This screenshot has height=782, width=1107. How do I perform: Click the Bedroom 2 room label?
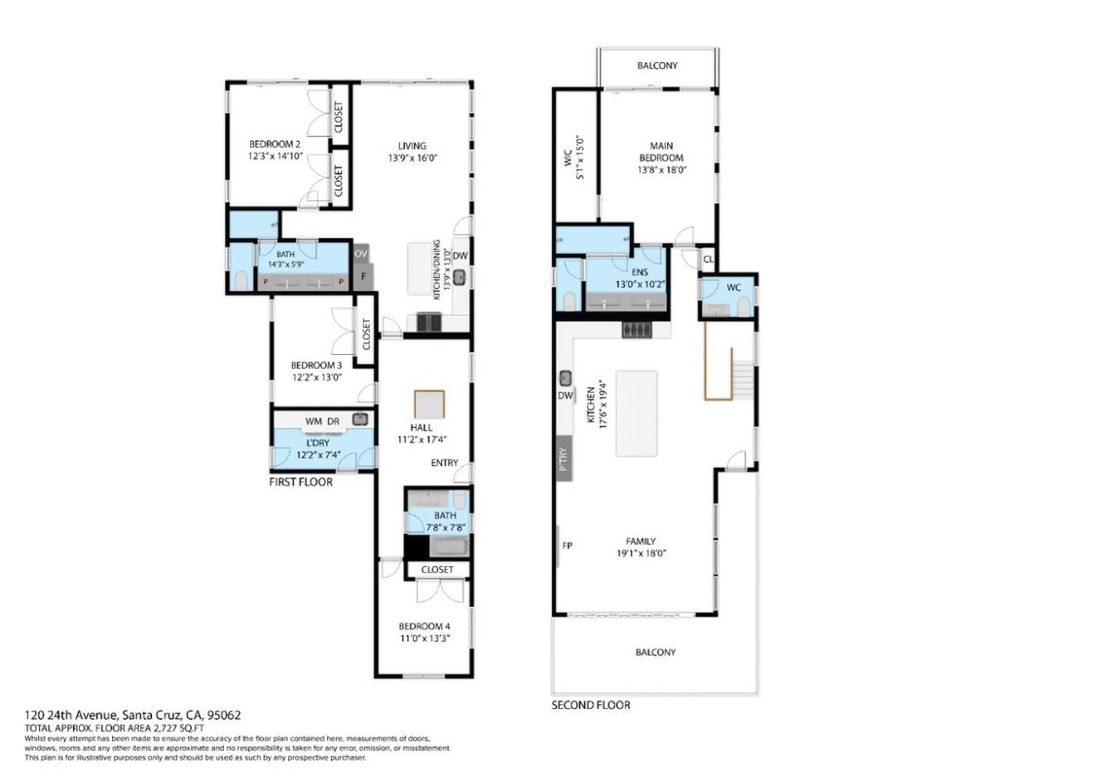[x=275, y=145]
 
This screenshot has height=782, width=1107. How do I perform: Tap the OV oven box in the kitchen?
[x=361, y=254]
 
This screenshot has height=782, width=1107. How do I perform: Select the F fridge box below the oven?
[x=363, y=276]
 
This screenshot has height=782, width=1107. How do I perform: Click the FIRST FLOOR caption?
[x=301, y=482]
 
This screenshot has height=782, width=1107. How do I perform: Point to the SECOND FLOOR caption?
[x=591, y=704]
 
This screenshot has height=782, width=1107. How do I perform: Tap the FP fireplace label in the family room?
[x=567, y=546]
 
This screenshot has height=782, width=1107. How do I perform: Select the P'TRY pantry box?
[x=564, y=459]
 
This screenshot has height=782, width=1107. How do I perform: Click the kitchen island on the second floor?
[x=637, y=413]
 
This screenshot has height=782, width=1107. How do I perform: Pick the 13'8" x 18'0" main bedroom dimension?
[x=662, y=170]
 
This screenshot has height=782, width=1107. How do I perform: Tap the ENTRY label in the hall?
[x=445, y=463]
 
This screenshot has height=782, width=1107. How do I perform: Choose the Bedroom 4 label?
[x=424, y=626]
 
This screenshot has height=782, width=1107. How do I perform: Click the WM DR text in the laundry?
[x=322, y=422]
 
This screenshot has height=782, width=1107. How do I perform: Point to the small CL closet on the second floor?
[x=708, y=260]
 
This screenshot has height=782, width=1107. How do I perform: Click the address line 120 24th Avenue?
[x=132, y=715]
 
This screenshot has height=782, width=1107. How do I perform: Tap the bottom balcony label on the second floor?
[x=656, y=653]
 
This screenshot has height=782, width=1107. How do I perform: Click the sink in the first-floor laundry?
[x=360, y=419]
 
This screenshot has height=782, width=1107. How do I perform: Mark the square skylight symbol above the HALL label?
[x=429, y=405]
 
